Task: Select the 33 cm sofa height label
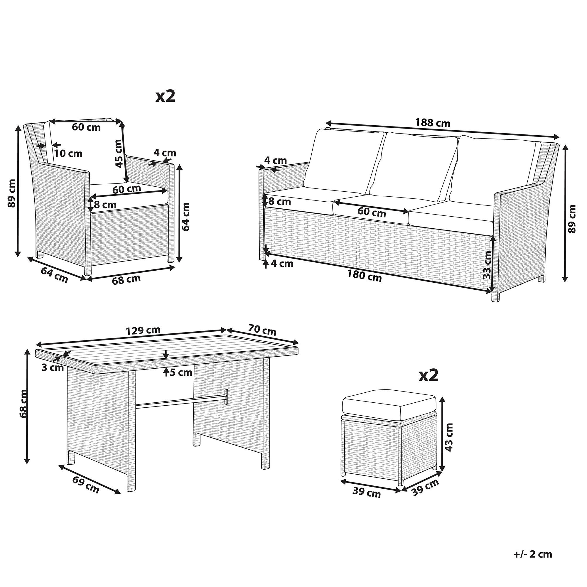pos(487,265)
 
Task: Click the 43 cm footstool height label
pos(448,437)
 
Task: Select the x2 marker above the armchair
pos(165,96)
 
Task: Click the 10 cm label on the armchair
pos(69,154)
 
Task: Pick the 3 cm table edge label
pos(53,368)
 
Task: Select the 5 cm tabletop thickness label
pos(181,372)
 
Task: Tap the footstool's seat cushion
pos(389,406)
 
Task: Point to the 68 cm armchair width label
pos(126,279)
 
